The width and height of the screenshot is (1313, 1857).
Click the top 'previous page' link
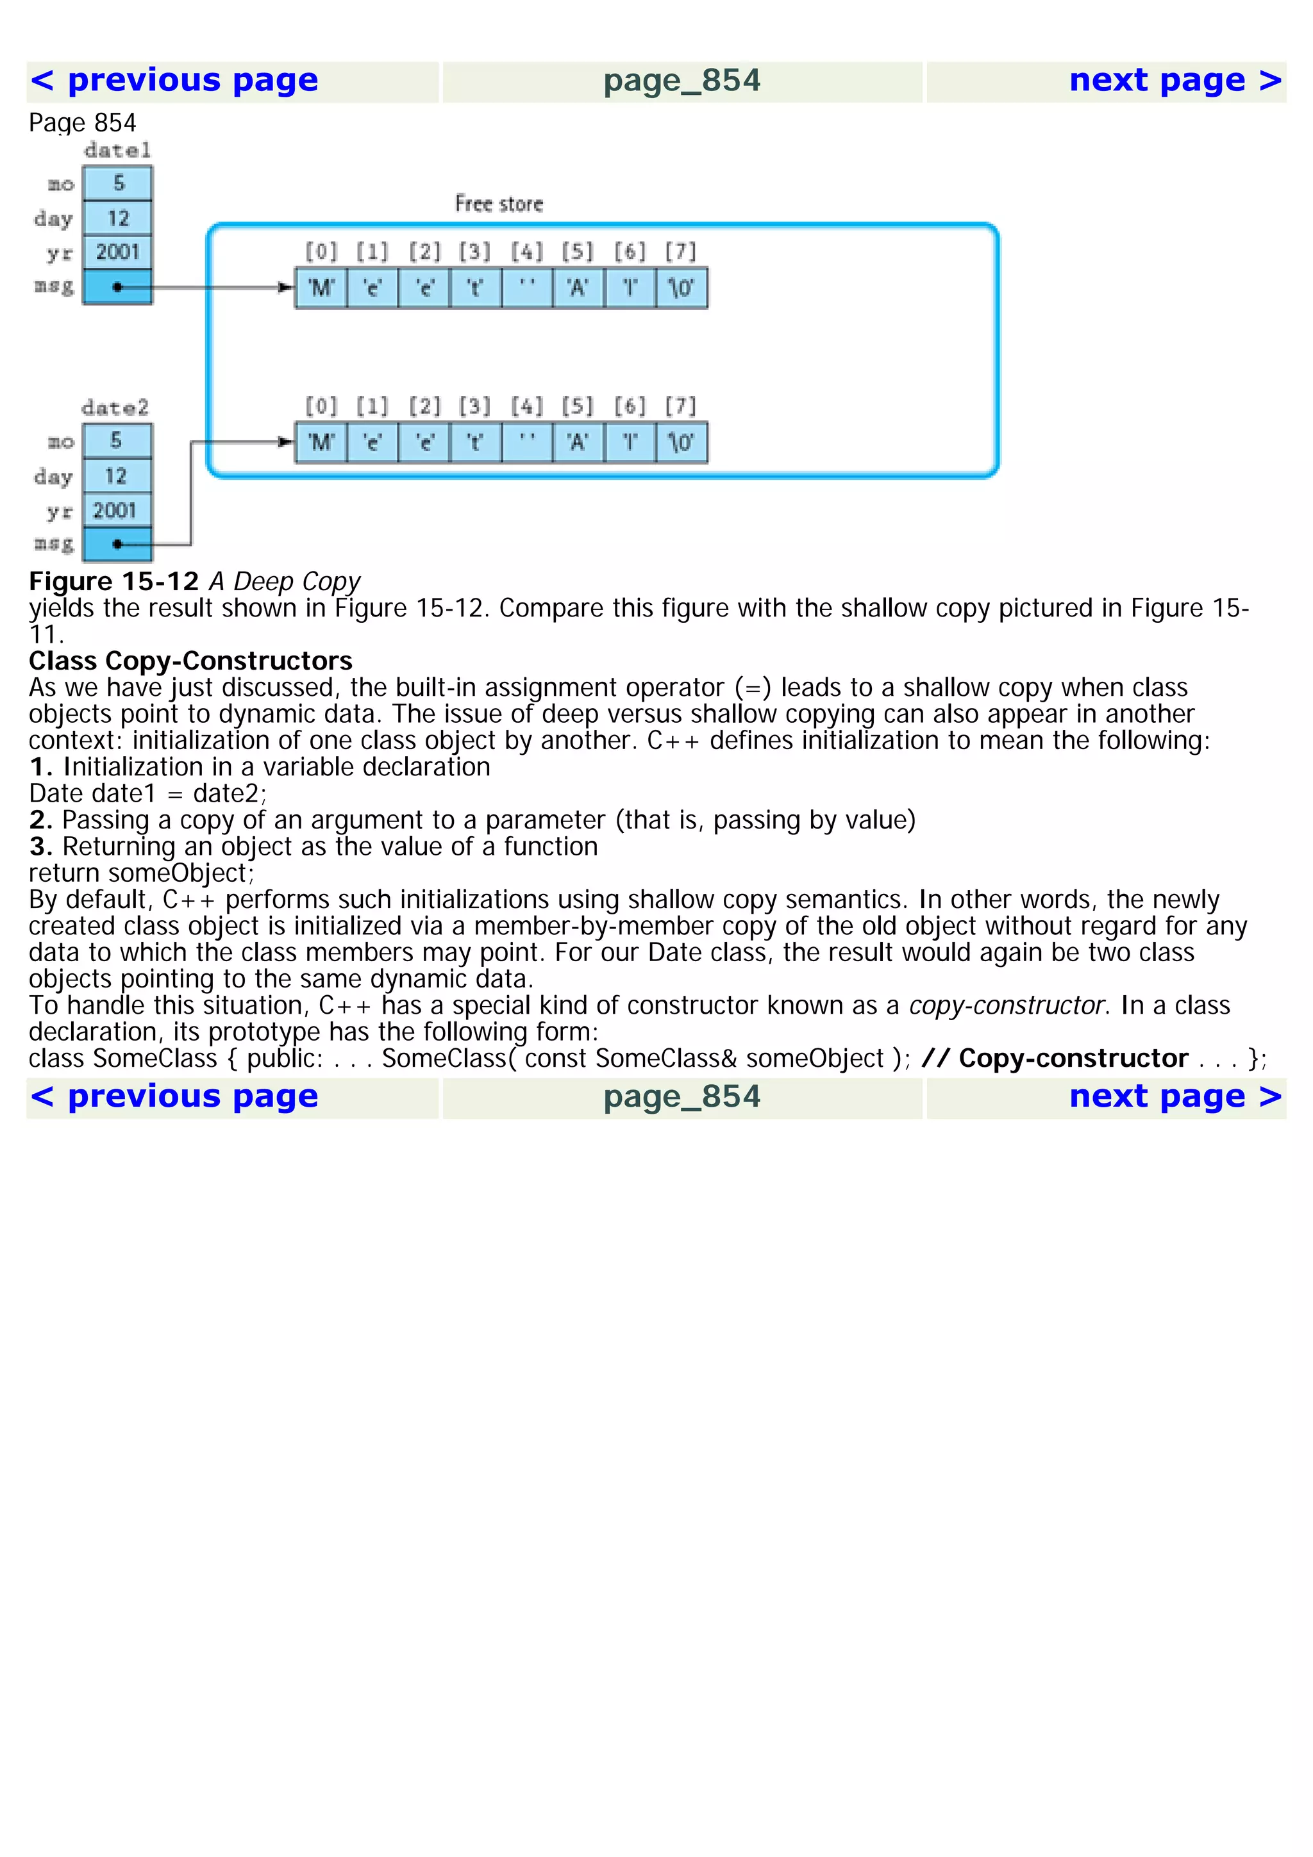pos(174,81)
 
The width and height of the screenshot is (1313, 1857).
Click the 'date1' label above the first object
pos(117,151)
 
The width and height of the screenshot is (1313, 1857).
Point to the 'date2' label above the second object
pos(115,408)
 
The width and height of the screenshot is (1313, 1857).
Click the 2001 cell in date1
pos(118,252)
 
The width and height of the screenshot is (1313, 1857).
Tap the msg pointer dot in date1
pos(118,287)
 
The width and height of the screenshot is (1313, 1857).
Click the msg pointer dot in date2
pos(118,544)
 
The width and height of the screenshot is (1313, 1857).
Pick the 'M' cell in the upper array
pos(321,288)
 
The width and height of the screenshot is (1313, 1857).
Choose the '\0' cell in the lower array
pos(680,442)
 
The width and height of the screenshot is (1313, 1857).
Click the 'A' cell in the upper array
pos(578,288)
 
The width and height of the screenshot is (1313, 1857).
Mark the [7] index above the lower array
pos(680,406)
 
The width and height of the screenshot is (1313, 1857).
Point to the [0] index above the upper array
pos(321,252)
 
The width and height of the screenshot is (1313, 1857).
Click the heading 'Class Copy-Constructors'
pos(191,661)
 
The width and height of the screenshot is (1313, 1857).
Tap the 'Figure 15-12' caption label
pos(114,582)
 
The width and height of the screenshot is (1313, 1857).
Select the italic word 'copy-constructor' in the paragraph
pos(1007,1005)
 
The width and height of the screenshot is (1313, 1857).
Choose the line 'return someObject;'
pos(142,873)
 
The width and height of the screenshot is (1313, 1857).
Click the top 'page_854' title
pos(682,81)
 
